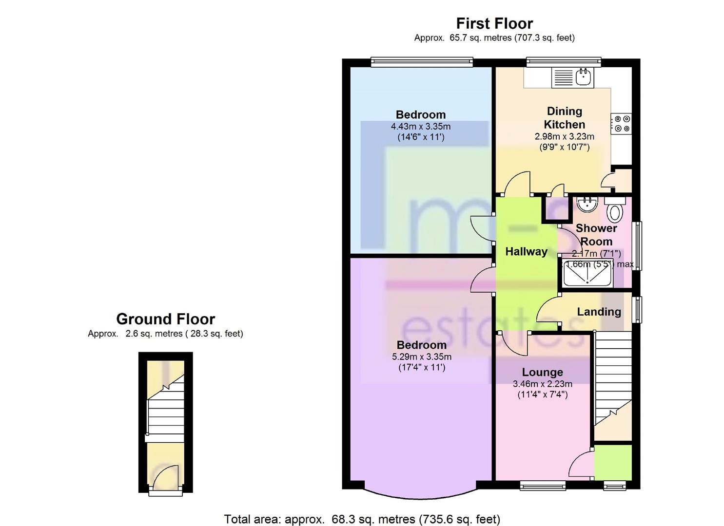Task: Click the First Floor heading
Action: [x=494, y=23]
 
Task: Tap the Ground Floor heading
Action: [x=165, y=319]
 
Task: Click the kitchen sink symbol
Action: [x=572, y=77]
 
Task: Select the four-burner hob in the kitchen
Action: [x=622, y=123]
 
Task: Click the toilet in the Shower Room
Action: [x=615, y=211]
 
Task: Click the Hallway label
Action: [x=526, y=252]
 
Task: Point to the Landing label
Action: [x=599, y=312]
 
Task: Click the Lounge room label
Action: [x=542, y=373]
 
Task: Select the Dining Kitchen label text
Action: [x=564, y=118]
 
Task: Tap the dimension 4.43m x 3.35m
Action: [x=420, y=127]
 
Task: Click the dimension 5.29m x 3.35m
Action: [x=421, y=357]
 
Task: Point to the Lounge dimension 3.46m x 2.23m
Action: [x=542, y=384]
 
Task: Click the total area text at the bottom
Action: [x=362, y=519]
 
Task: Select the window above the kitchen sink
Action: [x=563, y=62]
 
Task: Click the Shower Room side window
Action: [x=637, y=246]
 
